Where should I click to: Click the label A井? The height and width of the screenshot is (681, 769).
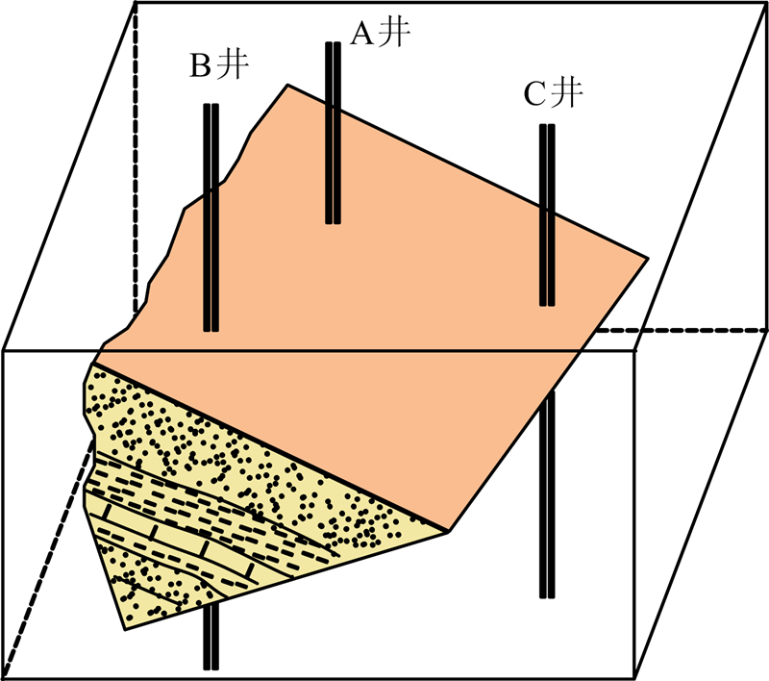pyautogui.click(x=380, y=33)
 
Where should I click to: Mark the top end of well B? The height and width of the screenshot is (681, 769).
pyautogui.click(x=211, y=106)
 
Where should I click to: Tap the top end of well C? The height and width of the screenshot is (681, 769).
pyautogui.click(x=547, y=126)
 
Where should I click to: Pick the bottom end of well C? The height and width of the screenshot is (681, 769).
pyautogui.click(x=547, y=595)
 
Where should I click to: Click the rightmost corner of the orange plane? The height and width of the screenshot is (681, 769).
pyautogui.click(x=647, y=258)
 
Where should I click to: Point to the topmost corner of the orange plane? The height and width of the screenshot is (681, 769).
pyautogui.click(x=286, y=85)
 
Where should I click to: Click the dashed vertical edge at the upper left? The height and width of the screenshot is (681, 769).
pyautogui.click(x=135, y=144)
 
